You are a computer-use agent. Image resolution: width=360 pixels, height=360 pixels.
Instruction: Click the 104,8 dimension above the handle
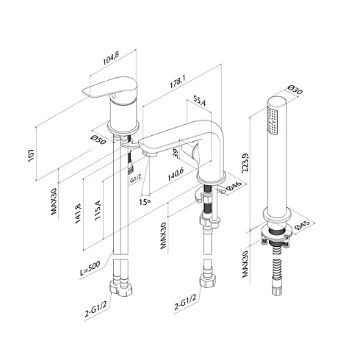click(x=111, y=59)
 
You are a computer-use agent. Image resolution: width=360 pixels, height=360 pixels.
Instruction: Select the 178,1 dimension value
click(x=178, y=82)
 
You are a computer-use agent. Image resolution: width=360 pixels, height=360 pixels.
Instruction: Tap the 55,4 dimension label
click(x=200, y=101)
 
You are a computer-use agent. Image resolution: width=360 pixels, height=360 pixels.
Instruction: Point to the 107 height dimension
click(x=31, y=155)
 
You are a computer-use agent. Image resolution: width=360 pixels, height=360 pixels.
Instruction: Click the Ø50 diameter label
click(x=98, y=140)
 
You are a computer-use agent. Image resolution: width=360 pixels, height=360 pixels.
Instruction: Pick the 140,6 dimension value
click(x=176, y=174)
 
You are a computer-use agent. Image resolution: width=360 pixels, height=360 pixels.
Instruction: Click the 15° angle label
click(x=145, y=202)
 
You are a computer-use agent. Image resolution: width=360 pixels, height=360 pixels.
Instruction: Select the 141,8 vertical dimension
click(x=78, y=213)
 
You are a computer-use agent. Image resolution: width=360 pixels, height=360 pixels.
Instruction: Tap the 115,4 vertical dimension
click(x=98, y=209)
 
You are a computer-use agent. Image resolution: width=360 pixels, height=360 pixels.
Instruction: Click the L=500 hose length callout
click(x=90, y=268)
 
